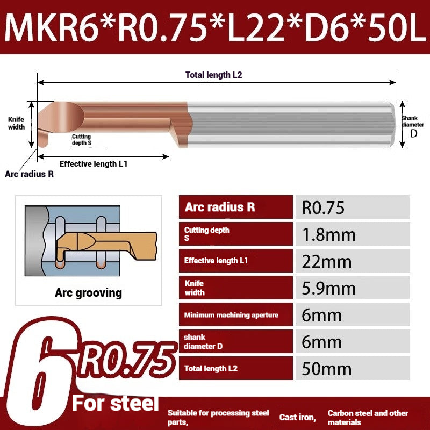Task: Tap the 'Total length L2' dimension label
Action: coord(213,75)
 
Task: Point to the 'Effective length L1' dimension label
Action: coord(93,164)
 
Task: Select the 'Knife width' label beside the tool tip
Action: coord(16,124)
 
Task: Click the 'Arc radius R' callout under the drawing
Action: coord(29,174)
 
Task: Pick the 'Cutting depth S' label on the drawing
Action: coord(82,140)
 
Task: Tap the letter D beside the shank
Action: coord(413,134)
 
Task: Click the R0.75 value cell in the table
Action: coord(322,207)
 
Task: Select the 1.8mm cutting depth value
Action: coord(328,234)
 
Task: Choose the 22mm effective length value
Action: coord(327,261)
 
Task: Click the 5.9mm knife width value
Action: coord(328,288)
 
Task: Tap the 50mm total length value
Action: coord(326,369)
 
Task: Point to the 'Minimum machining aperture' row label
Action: coord(231,315)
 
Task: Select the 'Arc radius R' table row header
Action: coord(219,207)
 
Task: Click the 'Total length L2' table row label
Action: coord(211,369)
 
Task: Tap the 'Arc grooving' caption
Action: coord(88,293)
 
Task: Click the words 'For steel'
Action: coord(116,403)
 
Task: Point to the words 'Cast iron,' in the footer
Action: coord(297,417)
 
